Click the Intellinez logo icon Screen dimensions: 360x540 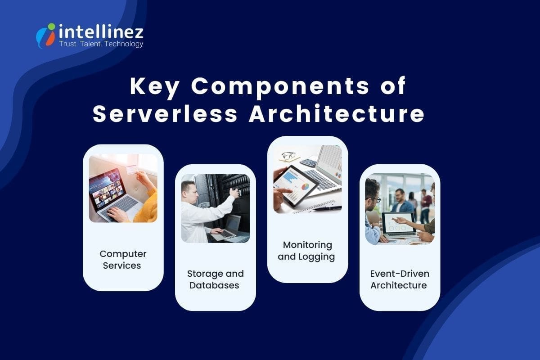coord(45,36)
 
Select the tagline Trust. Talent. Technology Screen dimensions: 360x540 coord(101,44)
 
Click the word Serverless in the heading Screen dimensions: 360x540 coord(165,114)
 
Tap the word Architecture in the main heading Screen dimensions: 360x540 coord(337,114)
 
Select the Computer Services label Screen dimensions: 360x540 coord(123,260)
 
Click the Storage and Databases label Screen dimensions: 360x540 coord(215,279)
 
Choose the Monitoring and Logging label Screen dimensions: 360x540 coord(307,251)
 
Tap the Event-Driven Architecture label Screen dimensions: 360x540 coord(400,279)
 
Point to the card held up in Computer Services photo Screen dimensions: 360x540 coord(131,169)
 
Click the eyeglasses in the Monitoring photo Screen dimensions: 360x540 coord(288,156)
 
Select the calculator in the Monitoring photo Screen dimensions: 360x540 coord(308,162)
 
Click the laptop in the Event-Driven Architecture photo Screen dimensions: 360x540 coord(399,224)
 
